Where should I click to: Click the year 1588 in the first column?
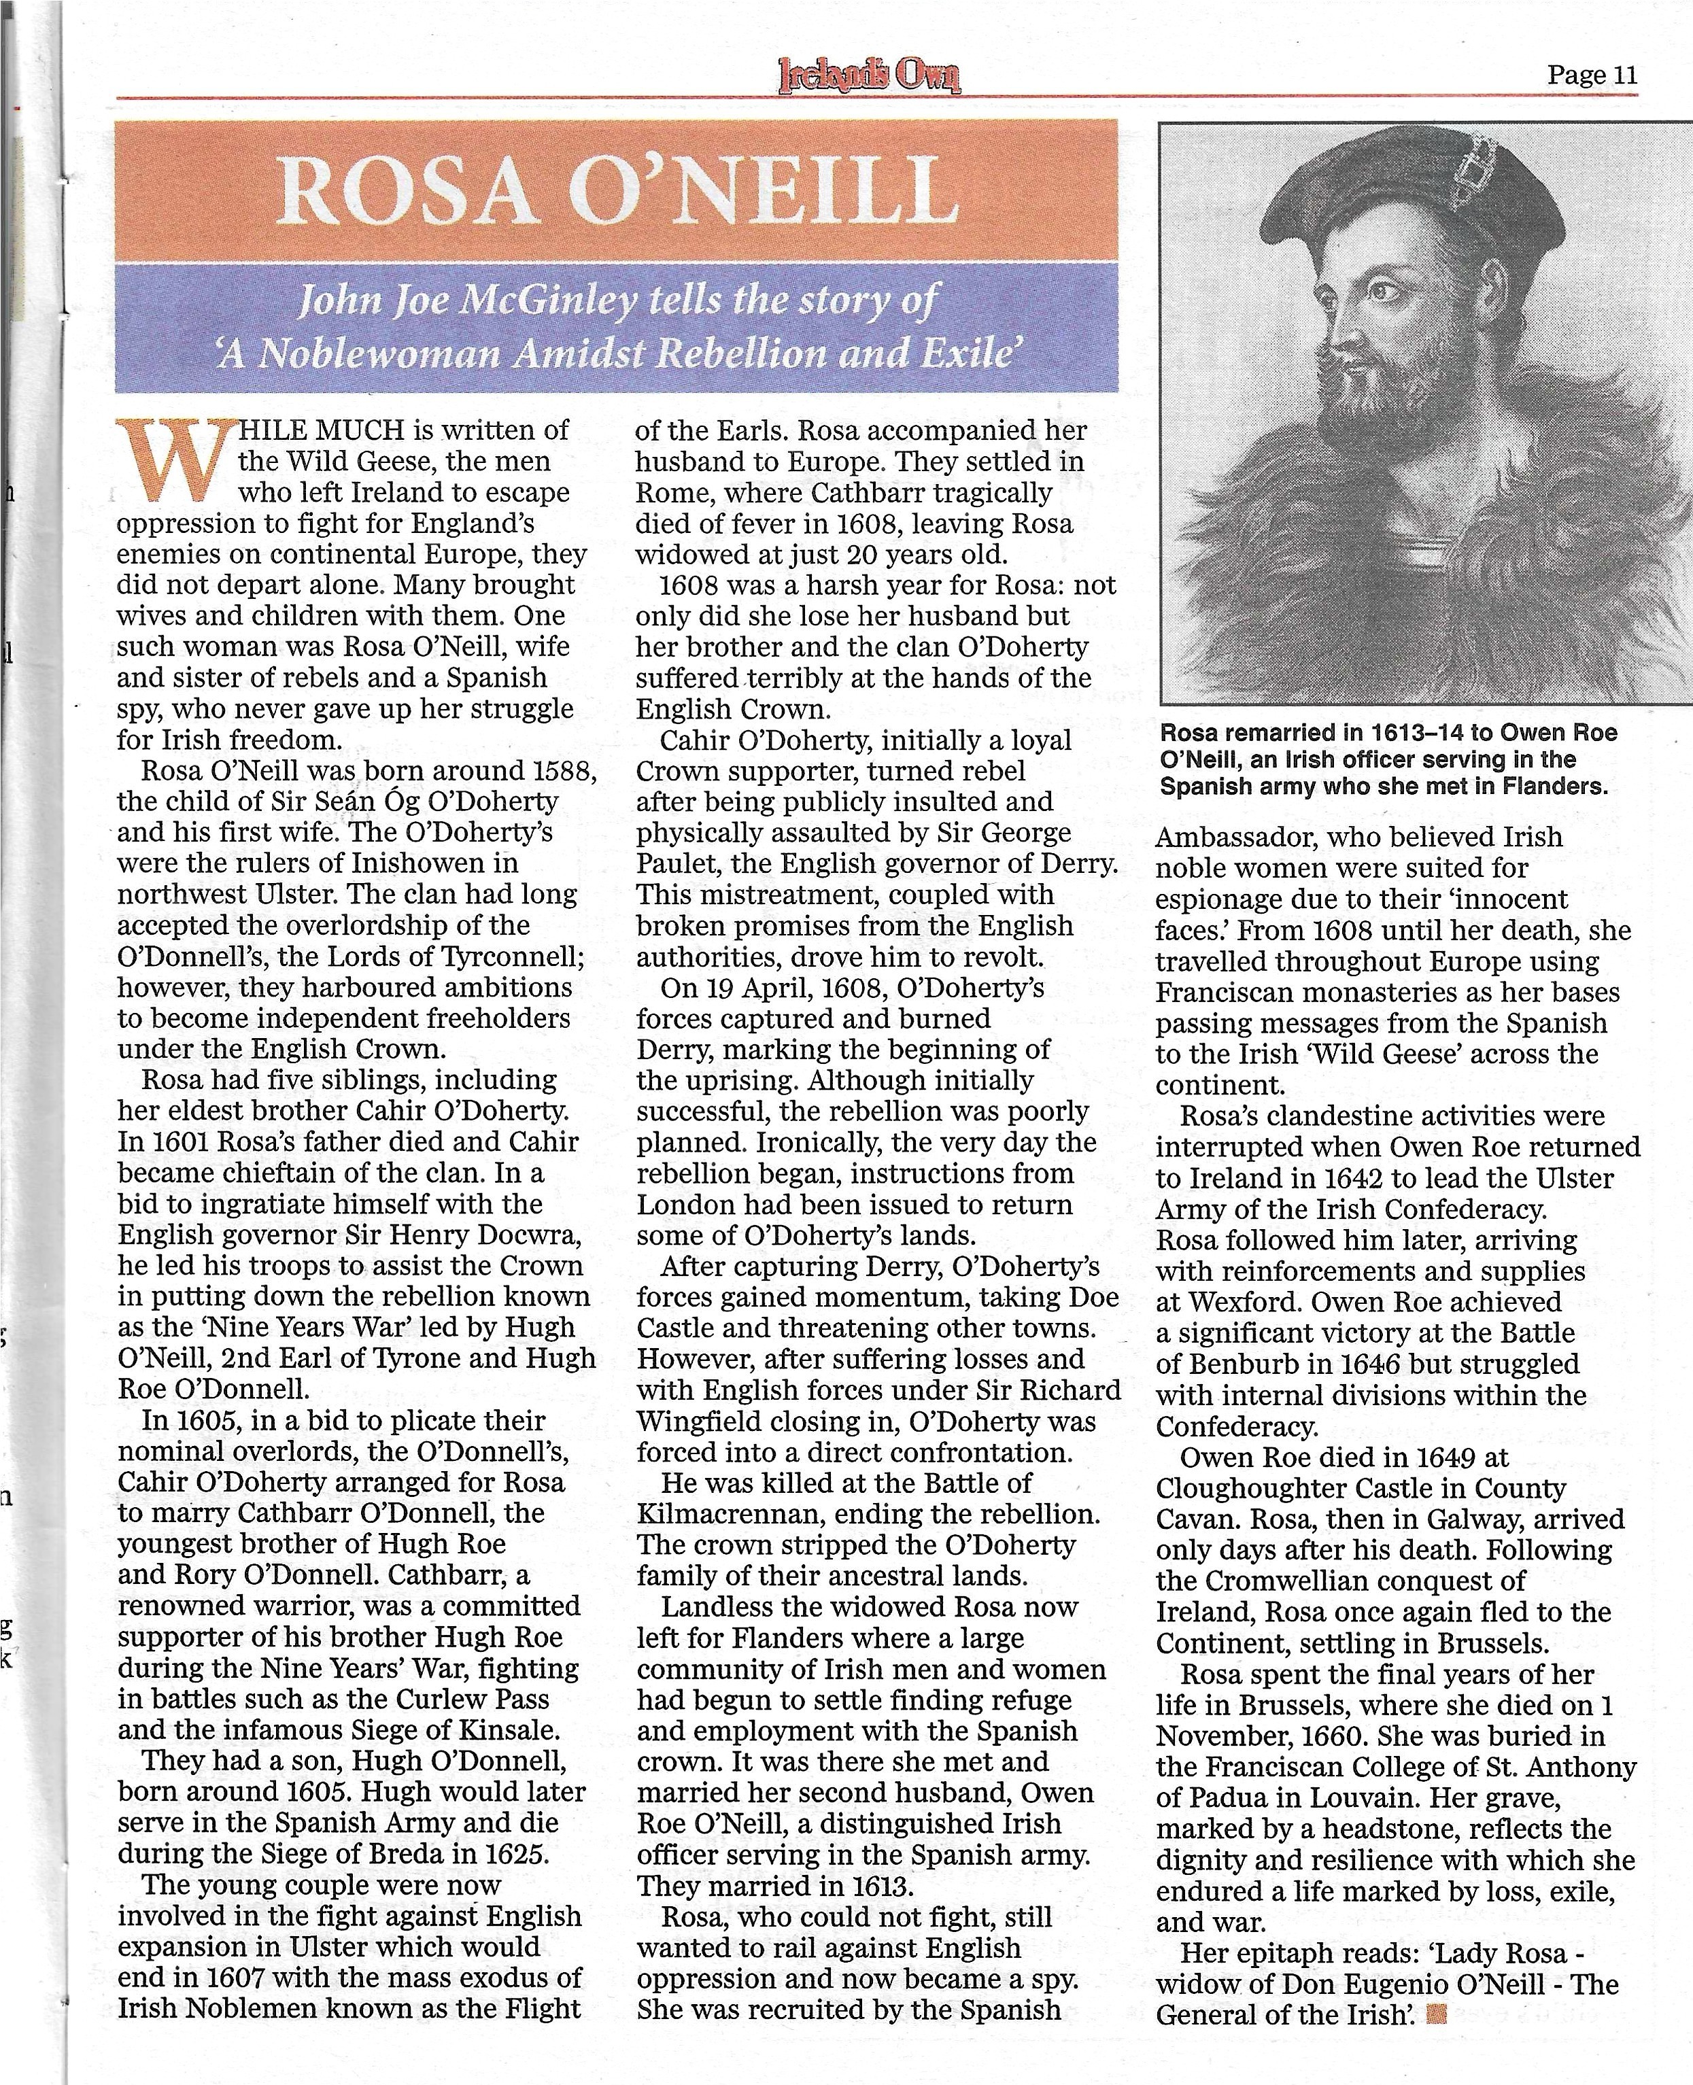click(x=563, y=770)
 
